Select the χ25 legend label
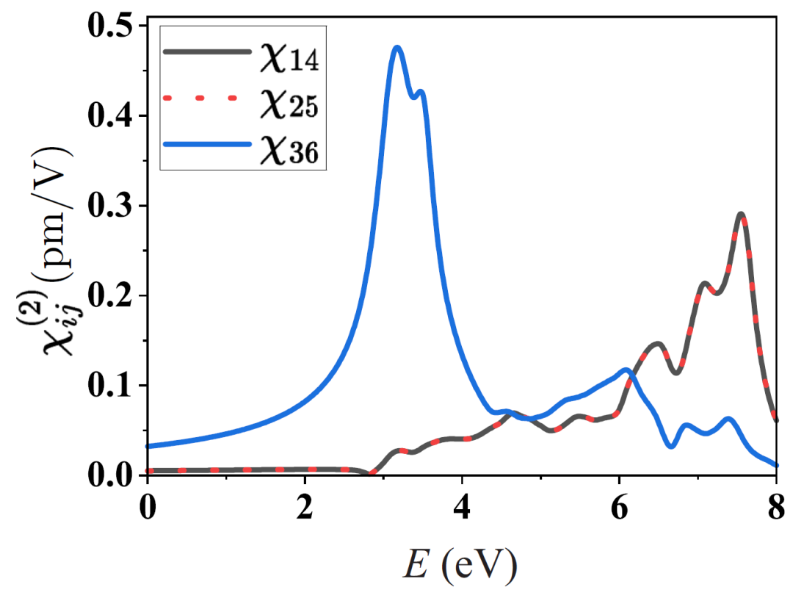[x=288, y=104]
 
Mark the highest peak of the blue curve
[x=397, y=48]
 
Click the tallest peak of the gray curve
[x=742, y=215]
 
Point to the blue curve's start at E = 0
[x=148, y=446]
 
